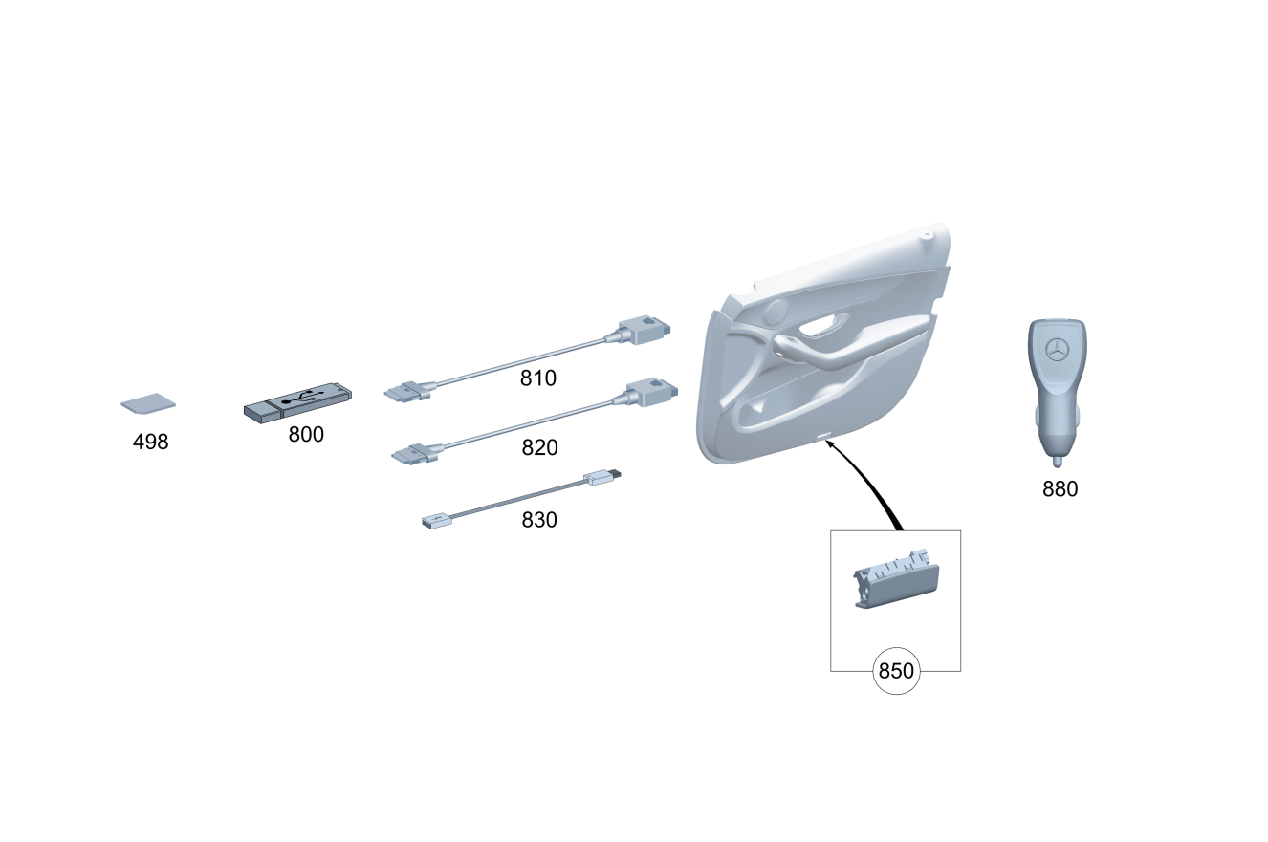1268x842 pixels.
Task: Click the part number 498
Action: tap(150, 442)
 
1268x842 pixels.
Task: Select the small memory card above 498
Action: tap(148, 403)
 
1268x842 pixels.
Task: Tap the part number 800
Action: tap(306, 435)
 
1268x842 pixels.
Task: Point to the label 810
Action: tap(538, 378)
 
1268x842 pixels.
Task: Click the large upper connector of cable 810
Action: tap(644, 330)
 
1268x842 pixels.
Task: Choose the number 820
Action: tap(540, 447)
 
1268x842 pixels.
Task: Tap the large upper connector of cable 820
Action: tap(651, 393)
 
